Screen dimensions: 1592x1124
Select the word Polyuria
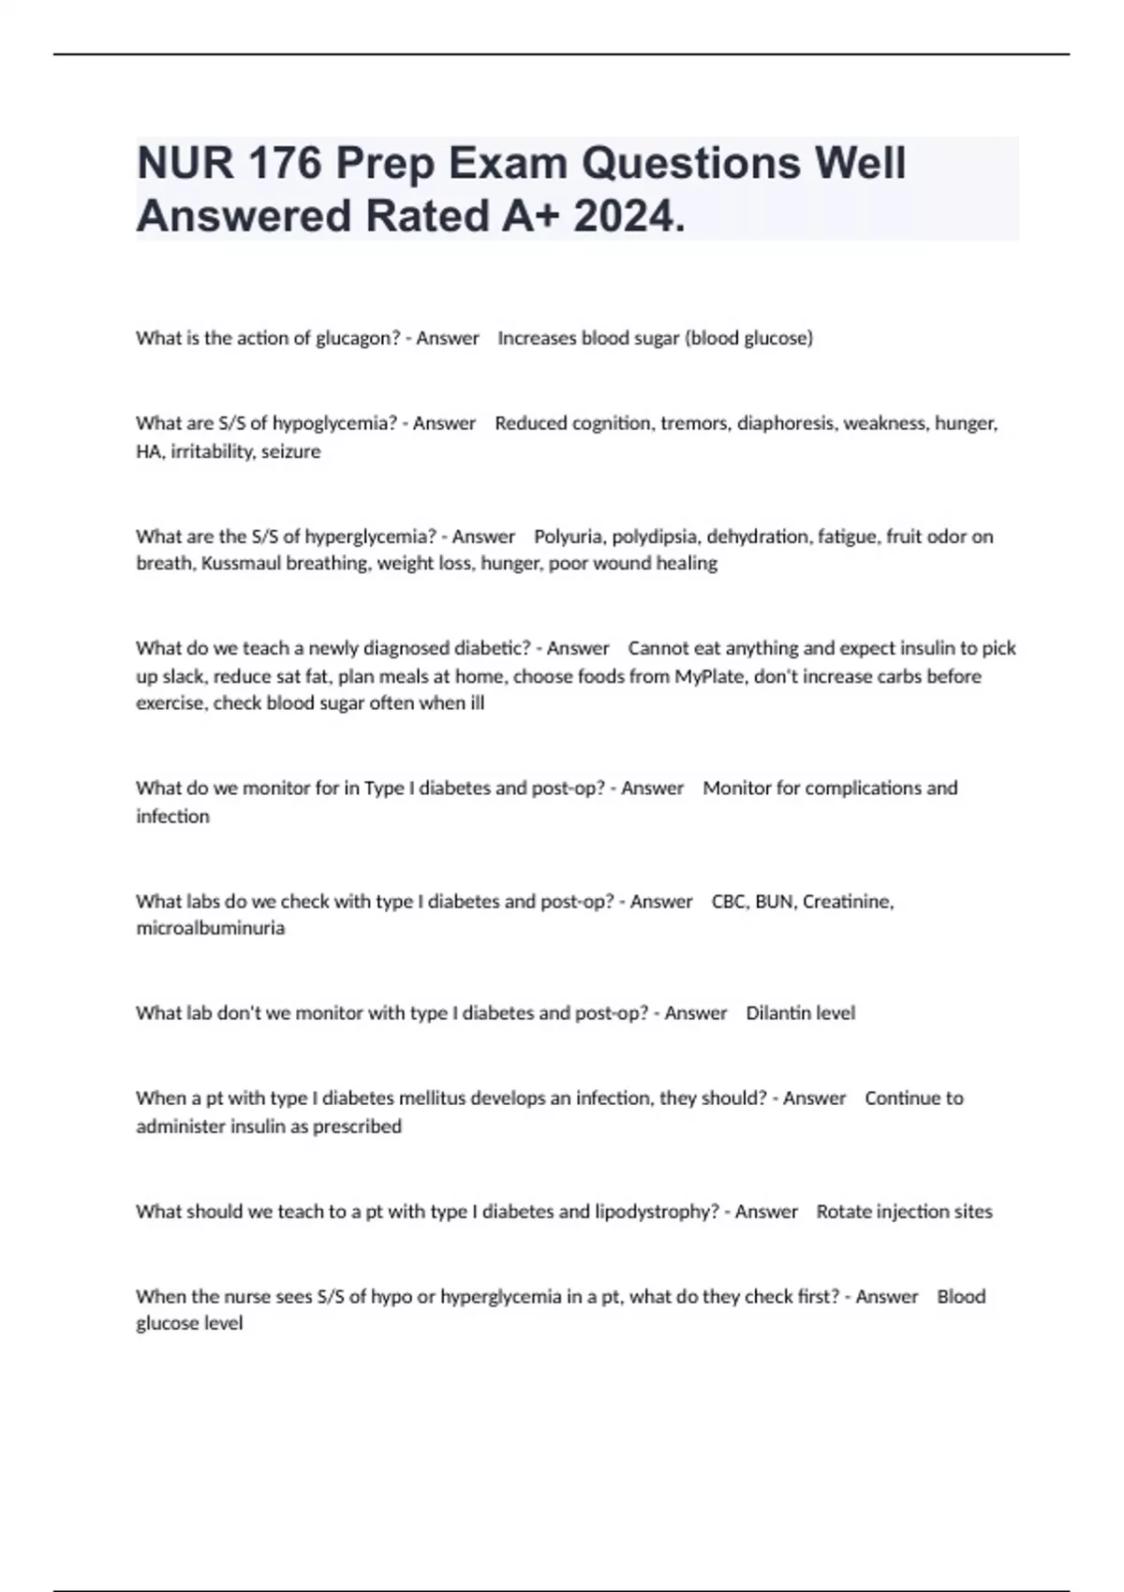(569, 537)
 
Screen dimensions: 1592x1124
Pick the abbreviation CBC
(728, 902)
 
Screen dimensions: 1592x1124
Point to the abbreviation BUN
(774, 902)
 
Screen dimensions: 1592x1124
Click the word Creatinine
(847, 902)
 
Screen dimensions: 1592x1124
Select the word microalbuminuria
(210, 928)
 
